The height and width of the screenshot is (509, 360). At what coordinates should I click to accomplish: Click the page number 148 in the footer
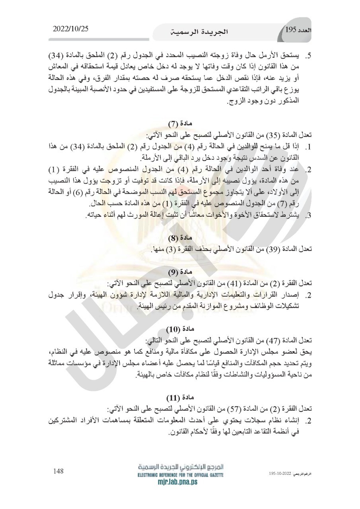pyautogui.click(x=59, y=471)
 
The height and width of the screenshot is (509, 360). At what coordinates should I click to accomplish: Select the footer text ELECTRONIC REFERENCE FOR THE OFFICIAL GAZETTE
pyautogui.click(x=180, y=475)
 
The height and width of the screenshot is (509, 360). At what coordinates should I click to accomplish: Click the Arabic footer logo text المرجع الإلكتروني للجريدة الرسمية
pyautogui.click(x=180, y=468)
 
